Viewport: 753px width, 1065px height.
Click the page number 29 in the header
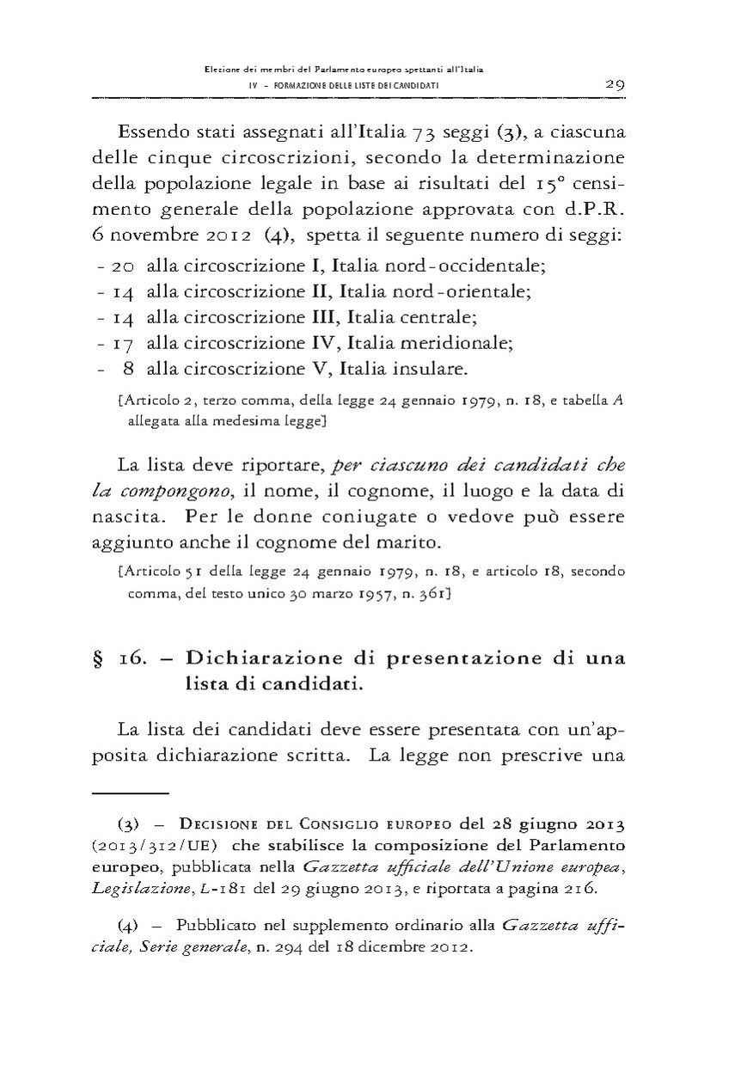[x=614, y=85]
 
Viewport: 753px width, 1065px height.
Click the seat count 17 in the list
[x=125, y=344]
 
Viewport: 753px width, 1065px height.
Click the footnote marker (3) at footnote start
[x=129, y=840]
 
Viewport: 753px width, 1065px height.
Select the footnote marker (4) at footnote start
[x=129, y=927]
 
